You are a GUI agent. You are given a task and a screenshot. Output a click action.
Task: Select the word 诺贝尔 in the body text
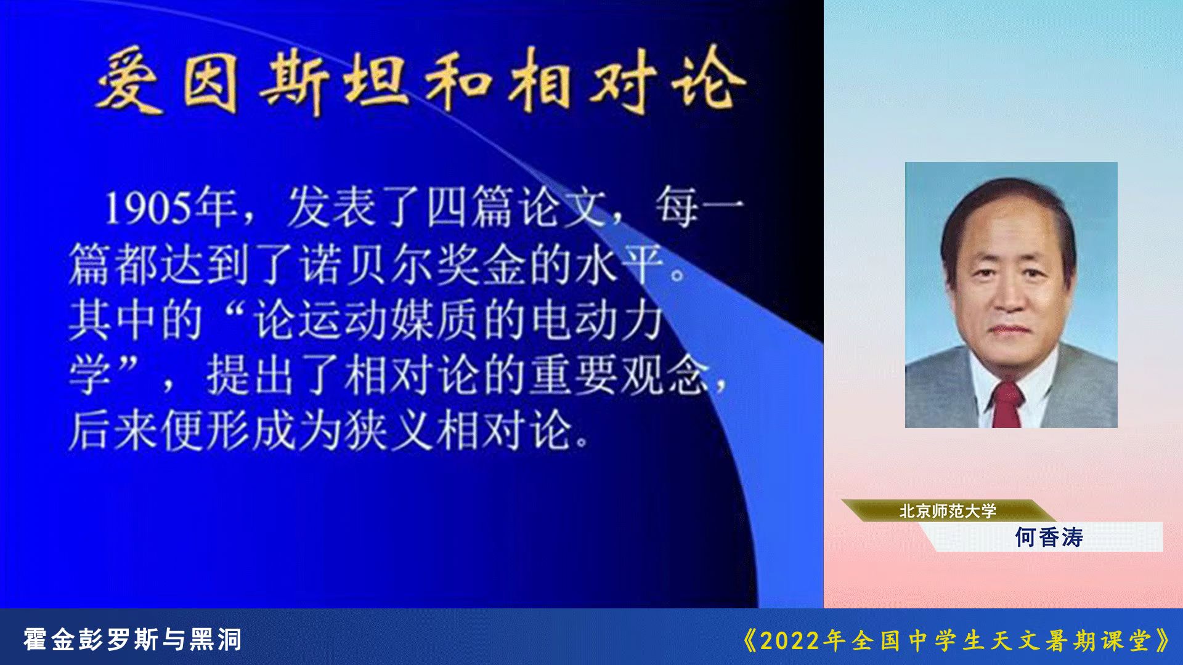367,265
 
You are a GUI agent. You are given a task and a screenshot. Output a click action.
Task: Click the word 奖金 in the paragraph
481,265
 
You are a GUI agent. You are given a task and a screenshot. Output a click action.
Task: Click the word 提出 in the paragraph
250,375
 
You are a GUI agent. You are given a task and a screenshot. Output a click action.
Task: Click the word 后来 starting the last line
114,430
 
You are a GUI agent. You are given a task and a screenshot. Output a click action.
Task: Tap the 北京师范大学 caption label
948,511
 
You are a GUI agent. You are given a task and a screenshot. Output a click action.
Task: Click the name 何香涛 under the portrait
1049,538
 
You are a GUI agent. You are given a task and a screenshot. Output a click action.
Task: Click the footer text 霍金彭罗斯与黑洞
132,640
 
